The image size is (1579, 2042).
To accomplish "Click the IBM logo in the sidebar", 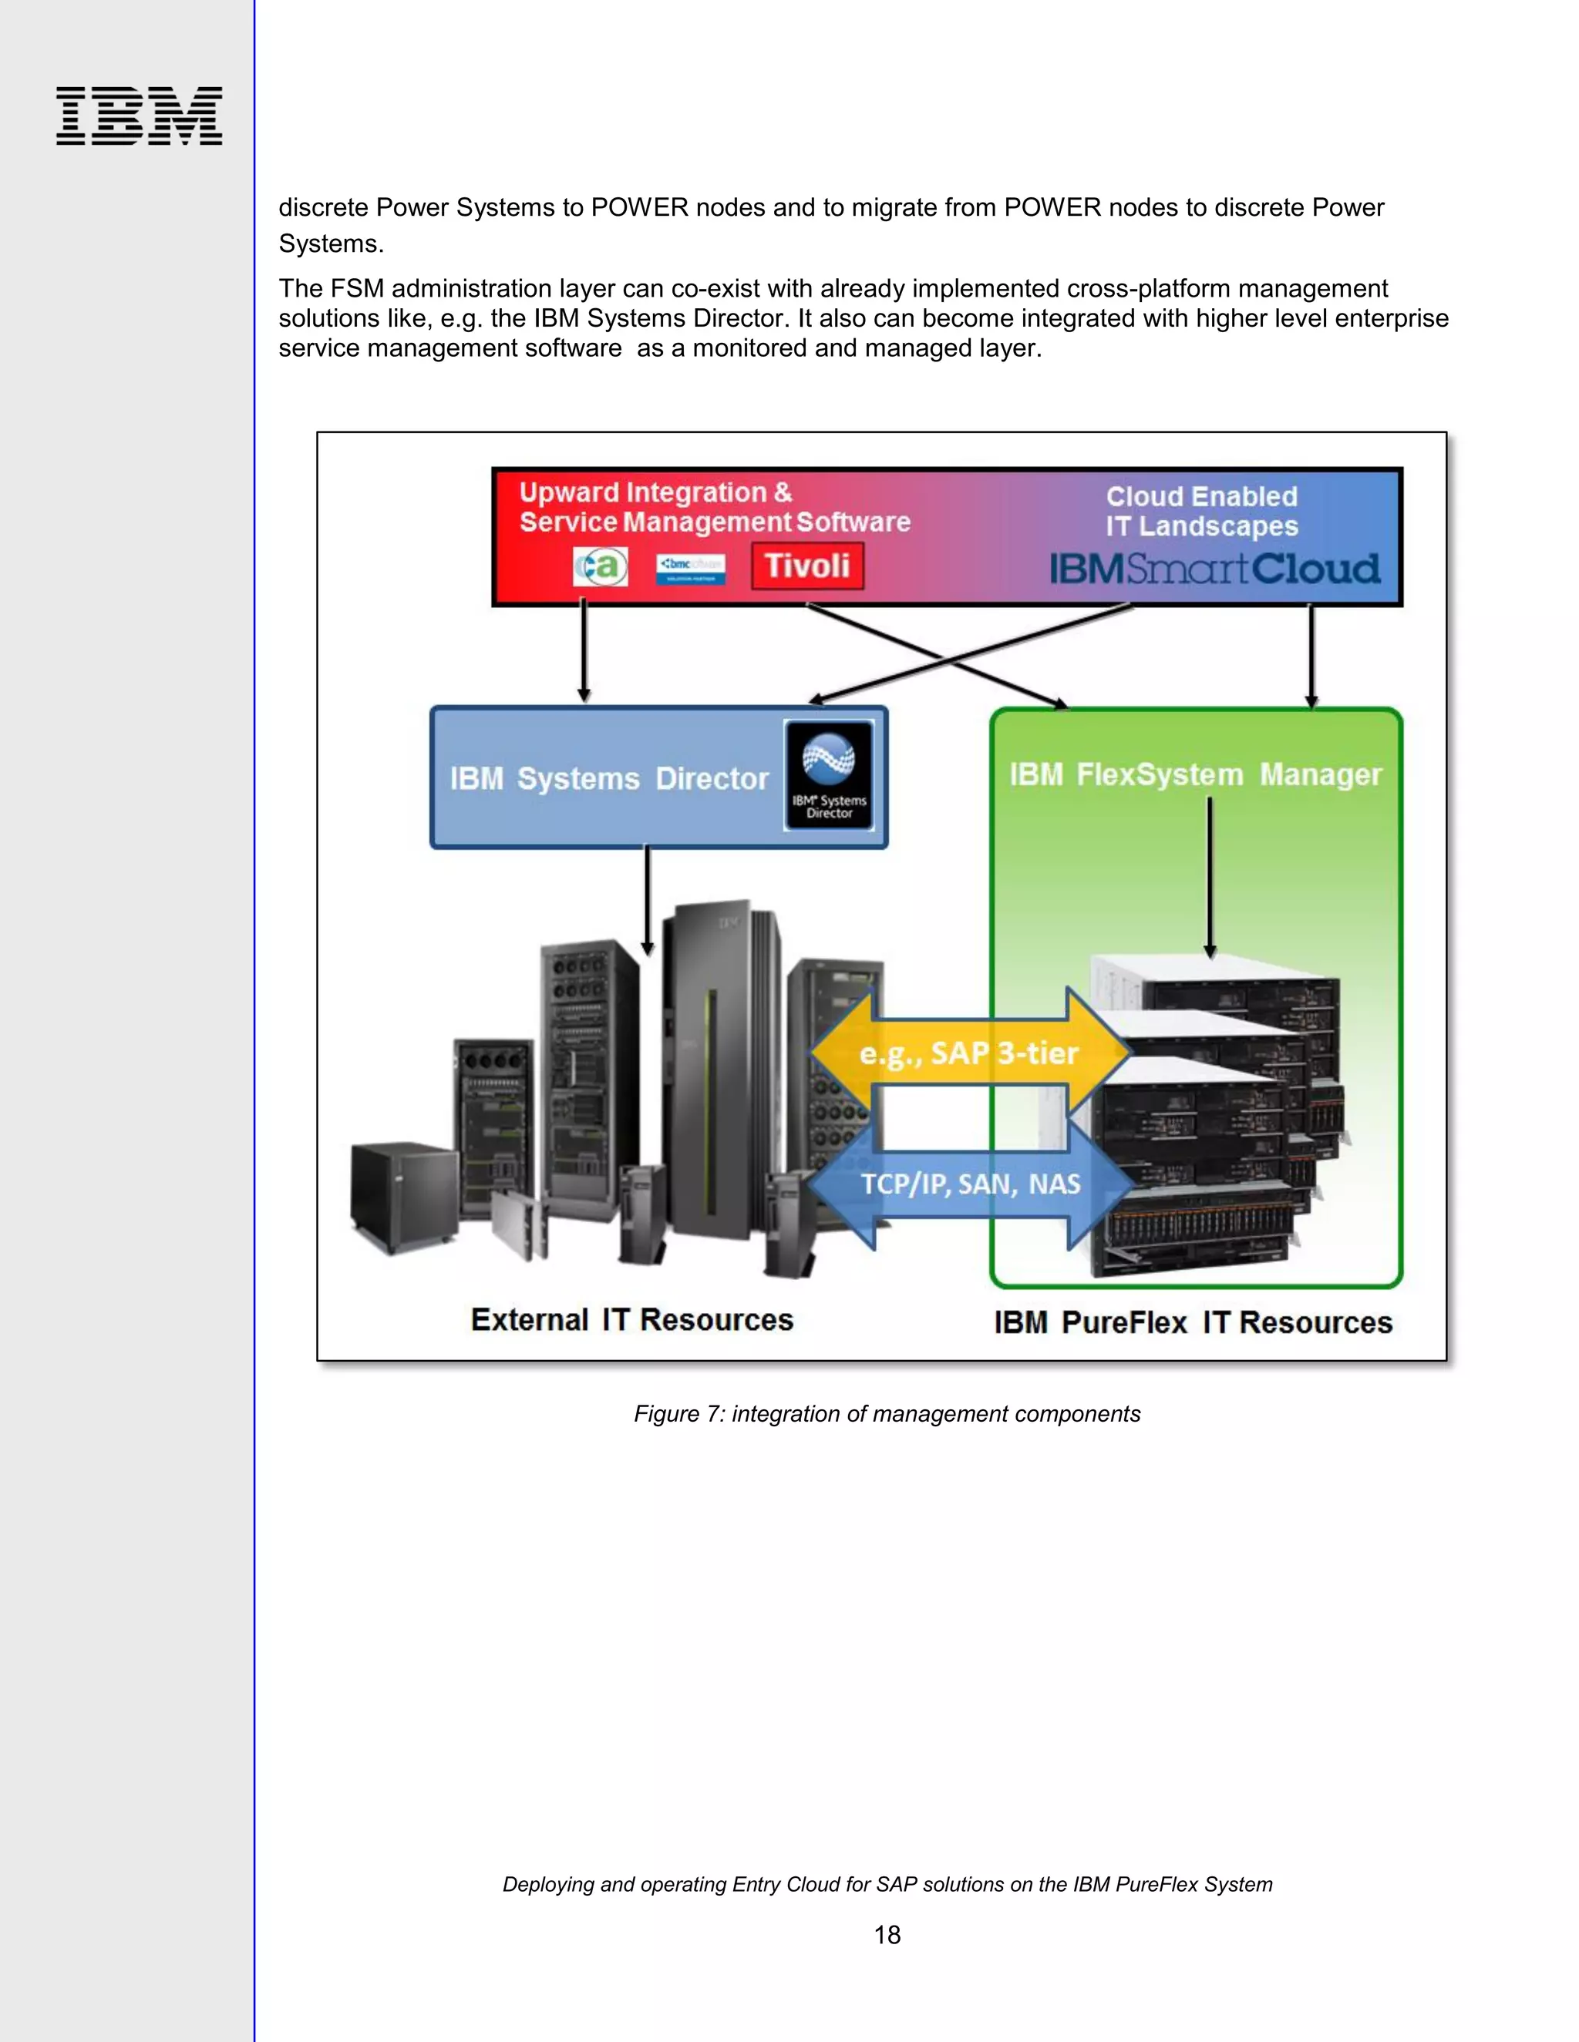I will point(139,116).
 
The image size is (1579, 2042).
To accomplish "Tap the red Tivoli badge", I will point(807,566).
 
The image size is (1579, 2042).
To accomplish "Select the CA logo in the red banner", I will point(601,566).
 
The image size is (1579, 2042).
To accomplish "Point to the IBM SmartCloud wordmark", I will point(1214,569).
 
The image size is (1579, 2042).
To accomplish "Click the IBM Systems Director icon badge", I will point(829,775).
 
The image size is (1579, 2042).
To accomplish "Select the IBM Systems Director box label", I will point(609,778).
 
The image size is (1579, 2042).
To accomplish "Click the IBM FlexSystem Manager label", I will point(1194,774).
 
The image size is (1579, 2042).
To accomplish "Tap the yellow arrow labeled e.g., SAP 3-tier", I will point(969,1053).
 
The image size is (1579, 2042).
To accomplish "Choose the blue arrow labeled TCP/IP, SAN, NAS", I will point(970,1184).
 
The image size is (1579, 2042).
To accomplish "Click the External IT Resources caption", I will point(631,1319).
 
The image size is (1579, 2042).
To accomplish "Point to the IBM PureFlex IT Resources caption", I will point(1193,1322).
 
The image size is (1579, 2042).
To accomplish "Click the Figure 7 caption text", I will point(886,1414).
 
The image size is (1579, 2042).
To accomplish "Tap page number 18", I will point(887,1934).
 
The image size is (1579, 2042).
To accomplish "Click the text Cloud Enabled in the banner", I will point(1201,496).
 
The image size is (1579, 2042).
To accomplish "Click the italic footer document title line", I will point(887,1884).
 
